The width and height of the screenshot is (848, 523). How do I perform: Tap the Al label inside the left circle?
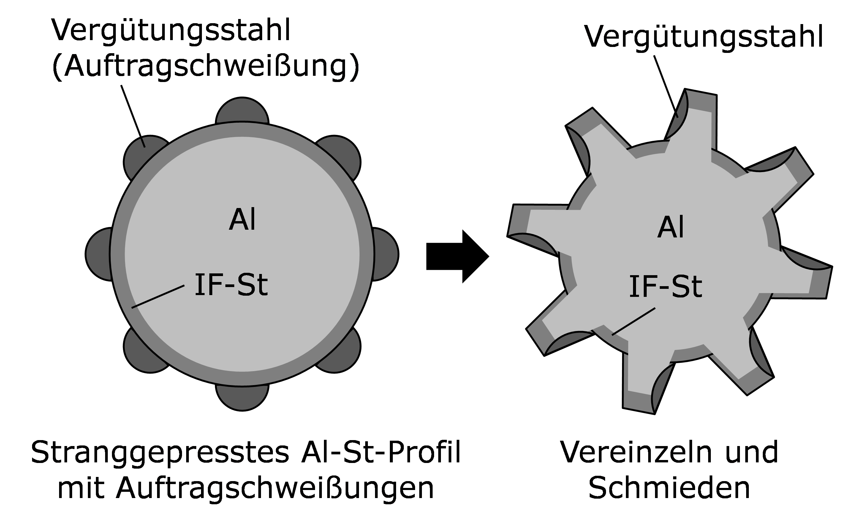pos(242,220)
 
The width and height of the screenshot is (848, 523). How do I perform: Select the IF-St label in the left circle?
pos(231,285)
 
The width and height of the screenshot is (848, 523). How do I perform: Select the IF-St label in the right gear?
pos(665,287)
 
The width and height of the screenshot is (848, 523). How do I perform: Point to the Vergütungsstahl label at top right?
pos(704,36)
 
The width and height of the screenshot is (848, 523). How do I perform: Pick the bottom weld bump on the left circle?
pos(242,398)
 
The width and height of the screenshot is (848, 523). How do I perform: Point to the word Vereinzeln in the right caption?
pos(635,451)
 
